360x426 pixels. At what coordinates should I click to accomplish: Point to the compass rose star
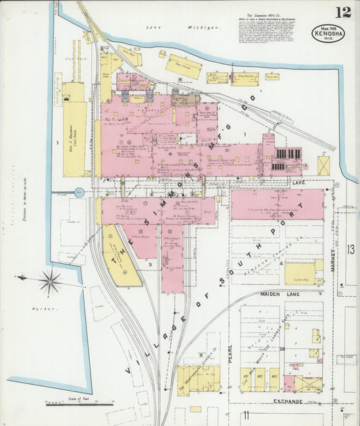point(49,281)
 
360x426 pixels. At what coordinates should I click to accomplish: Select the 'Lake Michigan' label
point(182,28)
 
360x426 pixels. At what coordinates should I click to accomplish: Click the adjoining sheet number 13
point(350,250)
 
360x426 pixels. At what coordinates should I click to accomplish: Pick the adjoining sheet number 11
point(247,414)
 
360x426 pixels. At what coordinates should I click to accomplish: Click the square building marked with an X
point(324,166)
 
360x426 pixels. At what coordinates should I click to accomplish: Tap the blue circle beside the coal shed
point(79,193)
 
